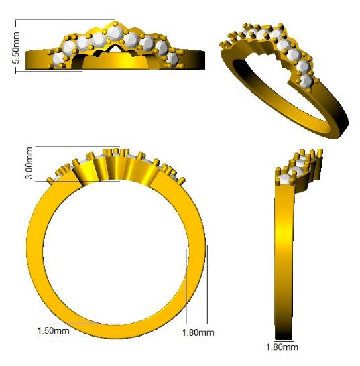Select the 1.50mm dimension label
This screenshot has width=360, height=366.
click(52, 331)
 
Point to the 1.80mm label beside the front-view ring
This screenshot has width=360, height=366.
click(198, 332)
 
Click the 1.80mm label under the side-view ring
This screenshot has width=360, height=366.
click(282, 347)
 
